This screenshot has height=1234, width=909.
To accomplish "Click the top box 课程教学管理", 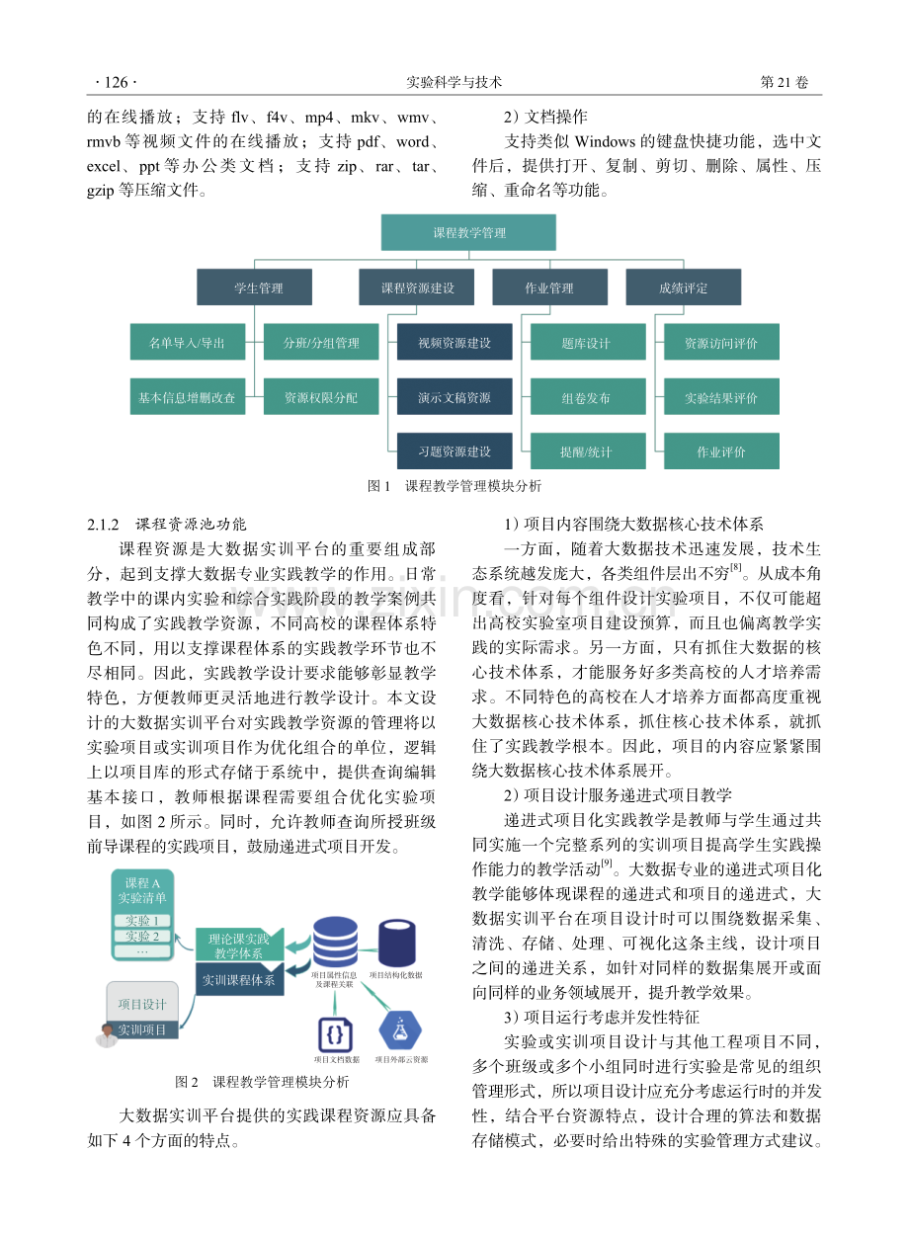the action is pos(468,232).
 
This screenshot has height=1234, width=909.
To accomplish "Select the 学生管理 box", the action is pos(255,288).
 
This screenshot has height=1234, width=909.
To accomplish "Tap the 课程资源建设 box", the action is pos(417,288).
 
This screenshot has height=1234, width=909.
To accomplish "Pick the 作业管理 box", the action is pos(549,288).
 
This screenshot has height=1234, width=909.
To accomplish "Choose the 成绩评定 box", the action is pos(684,288).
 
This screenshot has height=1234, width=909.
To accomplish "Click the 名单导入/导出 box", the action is pos(188,342).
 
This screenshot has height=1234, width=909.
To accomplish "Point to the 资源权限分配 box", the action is pos(321,396).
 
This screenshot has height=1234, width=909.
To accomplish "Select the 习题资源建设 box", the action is pos(454,452).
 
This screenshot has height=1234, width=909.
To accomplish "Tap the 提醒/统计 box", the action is pos(588,452).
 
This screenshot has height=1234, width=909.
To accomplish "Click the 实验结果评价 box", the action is pos(721,396).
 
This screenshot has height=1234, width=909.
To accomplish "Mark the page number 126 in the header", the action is pos(116,83).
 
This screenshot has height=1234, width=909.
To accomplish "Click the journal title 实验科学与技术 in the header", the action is pos(454,83).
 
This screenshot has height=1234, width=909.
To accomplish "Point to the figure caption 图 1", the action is pos(378,486).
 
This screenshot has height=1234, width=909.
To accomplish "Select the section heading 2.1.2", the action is pos(103,525).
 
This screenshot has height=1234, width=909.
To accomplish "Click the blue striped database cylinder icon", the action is pos(335,942).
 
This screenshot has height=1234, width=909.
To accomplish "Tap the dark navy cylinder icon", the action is pos(396,943).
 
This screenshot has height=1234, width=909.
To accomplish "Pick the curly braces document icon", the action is pos(336,1035).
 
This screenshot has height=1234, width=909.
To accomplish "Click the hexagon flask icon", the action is pos(400,1030).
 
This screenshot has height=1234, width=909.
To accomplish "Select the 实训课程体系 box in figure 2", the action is pos(240,979).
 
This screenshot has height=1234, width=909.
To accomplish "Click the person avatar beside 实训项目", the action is pos(107,1035).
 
